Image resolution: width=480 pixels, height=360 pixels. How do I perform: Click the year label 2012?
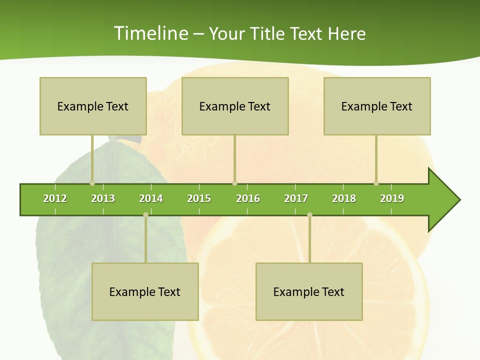point(55,198)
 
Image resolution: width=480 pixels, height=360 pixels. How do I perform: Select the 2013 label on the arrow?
point(103,198)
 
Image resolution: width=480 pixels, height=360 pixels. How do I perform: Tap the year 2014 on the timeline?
point(151,198)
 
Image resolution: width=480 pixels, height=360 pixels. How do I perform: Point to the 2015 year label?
point(199,198)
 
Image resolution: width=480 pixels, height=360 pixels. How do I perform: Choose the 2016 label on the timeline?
point(248,198)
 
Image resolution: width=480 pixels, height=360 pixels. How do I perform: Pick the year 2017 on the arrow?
point(296,198)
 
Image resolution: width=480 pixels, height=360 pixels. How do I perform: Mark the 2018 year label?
point(344,198)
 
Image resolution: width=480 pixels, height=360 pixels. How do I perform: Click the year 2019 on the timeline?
point(392,198)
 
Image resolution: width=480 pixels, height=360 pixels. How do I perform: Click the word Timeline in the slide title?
point(150,33)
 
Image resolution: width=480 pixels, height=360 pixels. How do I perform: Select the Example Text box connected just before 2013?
point(93,106)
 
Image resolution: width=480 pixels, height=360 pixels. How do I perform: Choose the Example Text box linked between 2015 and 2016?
point(235,106)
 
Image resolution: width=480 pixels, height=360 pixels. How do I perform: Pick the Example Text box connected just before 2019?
point(377,106)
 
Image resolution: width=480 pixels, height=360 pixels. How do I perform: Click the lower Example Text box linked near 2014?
point(145,291)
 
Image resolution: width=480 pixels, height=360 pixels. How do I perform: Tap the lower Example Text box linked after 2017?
point(309,291)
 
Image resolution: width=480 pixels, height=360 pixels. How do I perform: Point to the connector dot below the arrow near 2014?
point(145,215)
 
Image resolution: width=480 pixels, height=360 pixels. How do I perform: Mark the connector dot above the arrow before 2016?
point(234,183)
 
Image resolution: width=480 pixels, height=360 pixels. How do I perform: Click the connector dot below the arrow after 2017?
point(309,215)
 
